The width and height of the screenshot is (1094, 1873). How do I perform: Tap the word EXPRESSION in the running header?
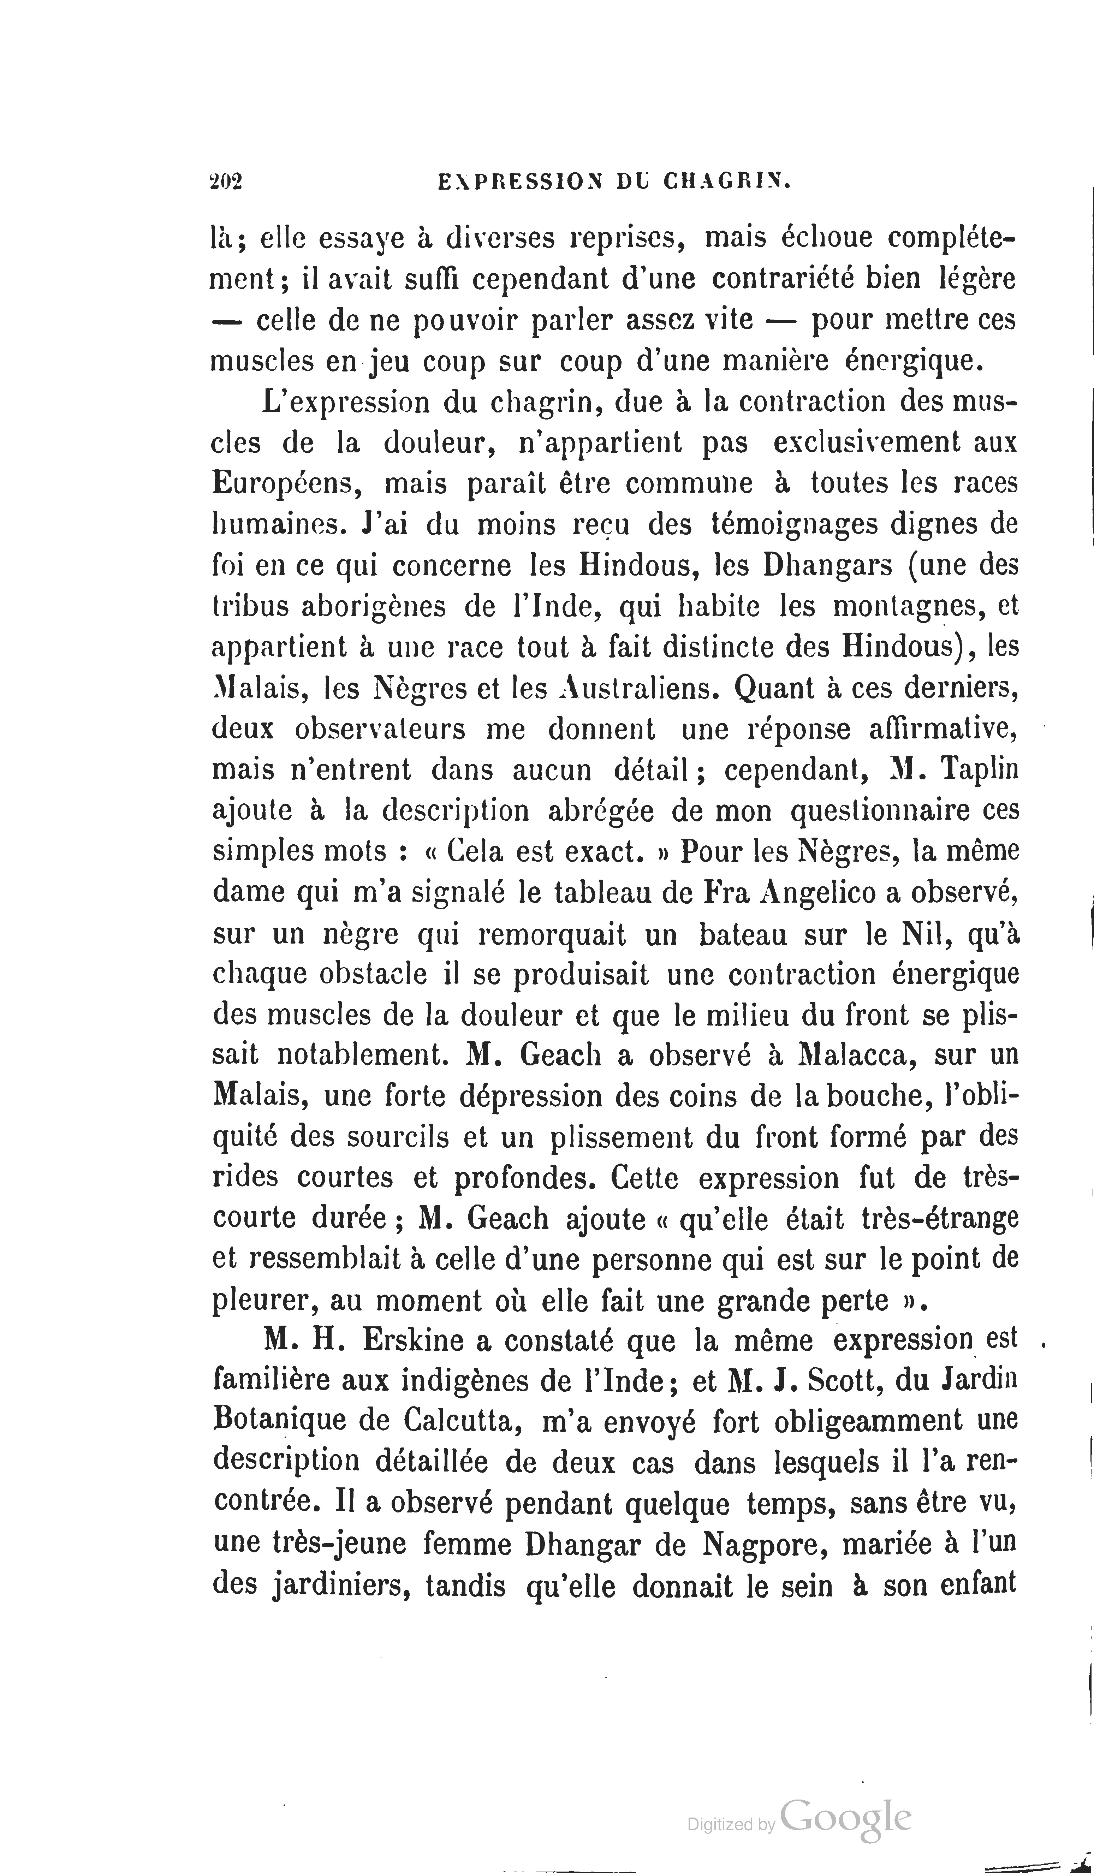click(x=518, y=182)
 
